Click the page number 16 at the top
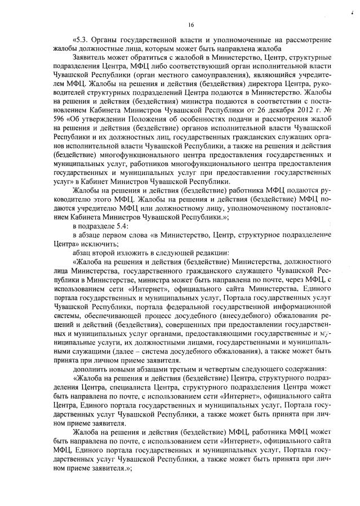pos(191,24)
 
